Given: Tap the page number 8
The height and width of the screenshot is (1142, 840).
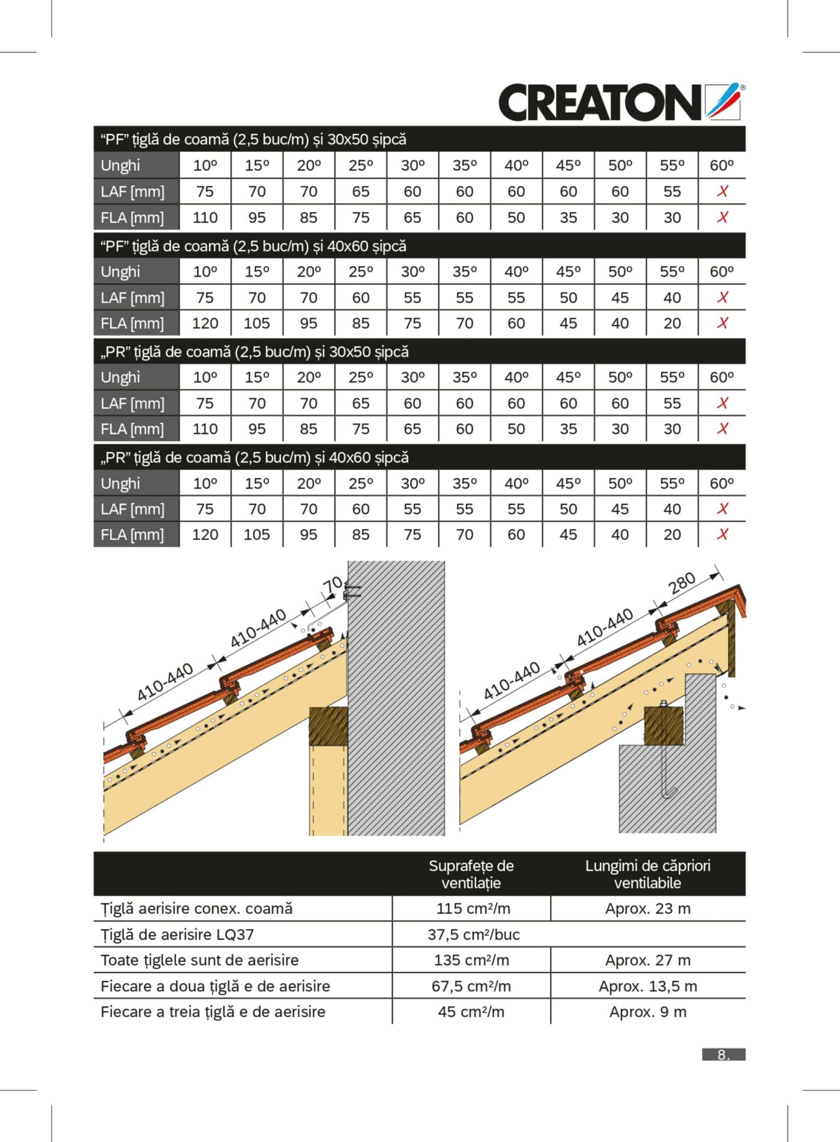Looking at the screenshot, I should [723, 1055].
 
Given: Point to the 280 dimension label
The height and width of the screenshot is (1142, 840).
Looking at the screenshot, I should [682, 583].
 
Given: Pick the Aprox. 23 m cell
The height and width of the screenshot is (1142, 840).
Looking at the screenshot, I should [647, 909].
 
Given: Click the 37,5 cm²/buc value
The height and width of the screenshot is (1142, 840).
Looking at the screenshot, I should [473, 935].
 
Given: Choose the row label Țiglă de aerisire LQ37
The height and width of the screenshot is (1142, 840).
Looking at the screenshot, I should [177, 935].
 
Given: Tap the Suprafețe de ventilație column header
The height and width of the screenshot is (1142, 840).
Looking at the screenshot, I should [471, 874].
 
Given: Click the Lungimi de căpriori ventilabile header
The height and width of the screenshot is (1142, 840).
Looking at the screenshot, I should [647, 874].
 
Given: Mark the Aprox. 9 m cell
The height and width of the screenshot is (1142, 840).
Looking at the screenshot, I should [647, 1012].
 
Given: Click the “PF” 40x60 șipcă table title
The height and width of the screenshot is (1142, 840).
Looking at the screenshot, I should [253, 246].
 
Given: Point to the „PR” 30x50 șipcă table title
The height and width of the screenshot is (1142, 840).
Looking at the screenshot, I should [254, 352].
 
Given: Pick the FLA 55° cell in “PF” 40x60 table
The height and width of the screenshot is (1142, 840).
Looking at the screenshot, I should [672, 323].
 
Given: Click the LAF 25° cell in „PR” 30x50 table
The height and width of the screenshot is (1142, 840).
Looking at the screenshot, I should [361, 403].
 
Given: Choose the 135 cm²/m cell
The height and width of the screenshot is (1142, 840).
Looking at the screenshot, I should [471, 960].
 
